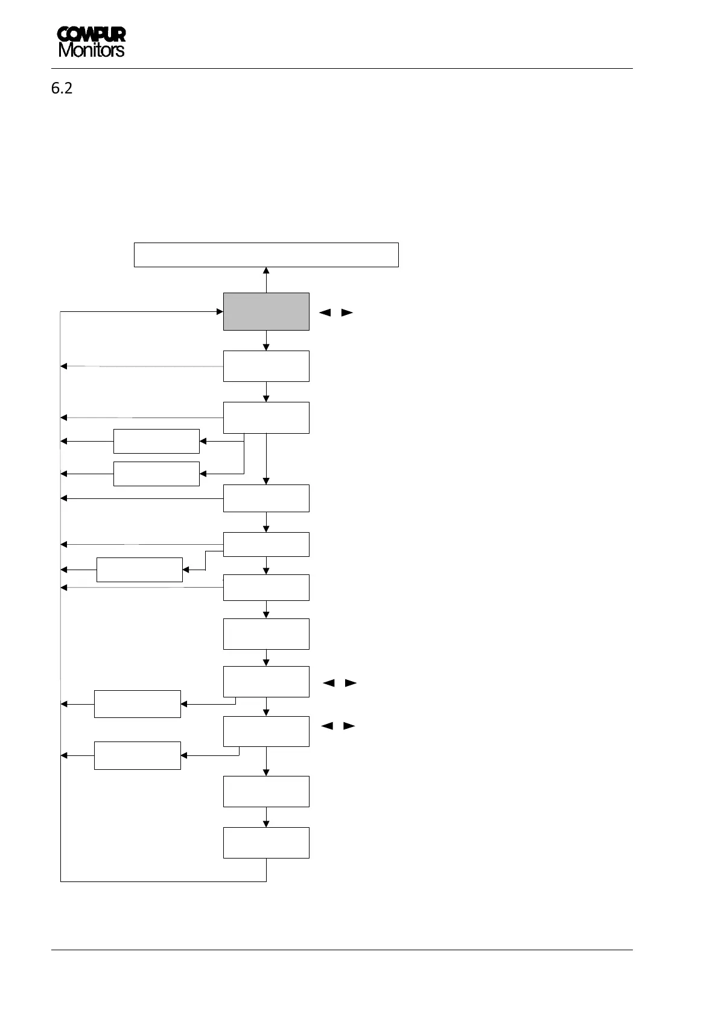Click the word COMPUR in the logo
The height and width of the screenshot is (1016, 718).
click(x=91, y=35)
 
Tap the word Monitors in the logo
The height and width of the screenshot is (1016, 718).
click(x=91, y=50)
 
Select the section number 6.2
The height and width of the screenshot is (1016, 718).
click(x=62, y=88)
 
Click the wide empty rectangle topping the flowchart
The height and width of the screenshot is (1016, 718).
click(x=265, y=255)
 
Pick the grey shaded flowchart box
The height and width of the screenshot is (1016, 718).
click(x=266, y=311)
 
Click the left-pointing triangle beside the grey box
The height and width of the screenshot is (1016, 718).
click(x=325, y=313)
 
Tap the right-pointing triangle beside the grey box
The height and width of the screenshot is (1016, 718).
click(x=347, y=313)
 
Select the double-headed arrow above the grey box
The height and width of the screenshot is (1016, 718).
click(x=266, y=280)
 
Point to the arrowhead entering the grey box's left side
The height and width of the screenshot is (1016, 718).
click(x=220, y=311)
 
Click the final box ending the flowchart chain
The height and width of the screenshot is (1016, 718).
click(x=266, y=842)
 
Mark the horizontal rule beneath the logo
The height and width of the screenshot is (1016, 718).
click(x=342, y=68)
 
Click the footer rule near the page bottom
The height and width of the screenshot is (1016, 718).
click(x=342, y=950)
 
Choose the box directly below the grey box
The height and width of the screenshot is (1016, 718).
click(x=266, y=366)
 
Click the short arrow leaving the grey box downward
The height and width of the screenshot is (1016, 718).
click(x=266, y=340)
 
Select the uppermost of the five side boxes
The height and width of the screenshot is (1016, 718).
click(x=156, y=441)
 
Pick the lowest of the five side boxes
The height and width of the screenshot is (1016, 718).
click(x=137, y=755)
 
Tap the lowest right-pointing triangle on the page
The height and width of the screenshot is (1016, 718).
click(x=349, y=726)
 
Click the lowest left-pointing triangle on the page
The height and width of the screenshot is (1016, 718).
click(x=327, y=726)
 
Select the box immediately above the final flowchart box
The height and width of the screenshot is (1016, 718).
click(x=266, y=791)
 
